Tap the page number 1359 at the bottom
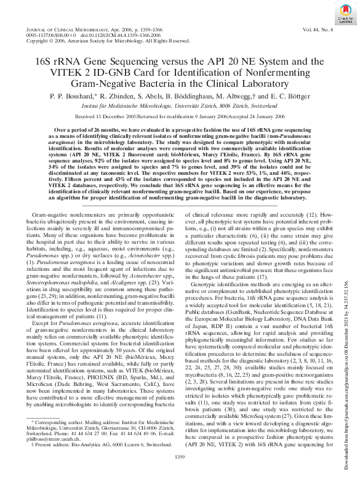180,456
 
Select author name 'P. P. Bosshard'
73,97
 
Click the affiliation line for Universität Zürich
180,105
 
